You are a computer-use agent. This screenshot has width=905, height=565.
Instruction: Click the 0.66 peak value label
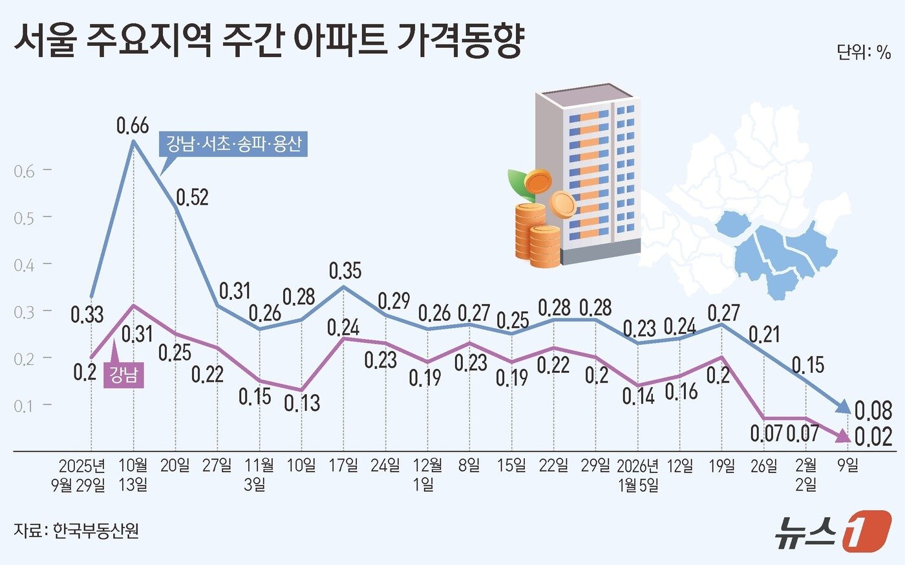point(133,125)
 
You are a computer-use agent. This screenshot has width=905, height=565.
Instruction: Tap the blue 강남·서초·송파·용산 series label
point(233,144)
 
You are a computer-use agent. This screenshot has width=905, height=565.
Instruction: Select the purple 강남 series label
point(123,375)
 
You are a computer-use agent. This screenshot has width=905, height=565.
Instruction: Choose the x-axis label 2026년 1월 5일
point(639,475)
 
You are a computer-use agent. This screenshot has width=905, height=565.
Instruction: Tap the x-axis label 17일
point(343,465)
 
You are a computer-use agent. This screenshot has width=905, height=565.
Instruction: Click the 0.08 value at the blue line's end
point(873,410)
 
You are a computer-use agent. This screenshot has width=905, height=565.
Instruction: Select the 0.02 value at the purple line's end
point(873,437)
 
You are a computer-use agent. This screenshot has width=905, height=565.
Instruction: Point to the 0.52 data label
point(193,197)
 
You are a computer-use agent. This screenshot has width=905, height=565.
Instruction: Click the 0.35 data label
point(345,271)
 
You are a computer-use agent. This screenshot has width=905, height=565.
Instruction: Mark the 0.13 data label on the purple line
point(302,403)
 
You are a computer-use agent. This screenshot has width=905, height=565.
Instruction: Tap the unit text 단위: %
point(864,52)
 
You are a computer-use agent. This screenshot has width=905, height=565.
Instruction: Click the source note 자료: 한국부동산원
point(76,531)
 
